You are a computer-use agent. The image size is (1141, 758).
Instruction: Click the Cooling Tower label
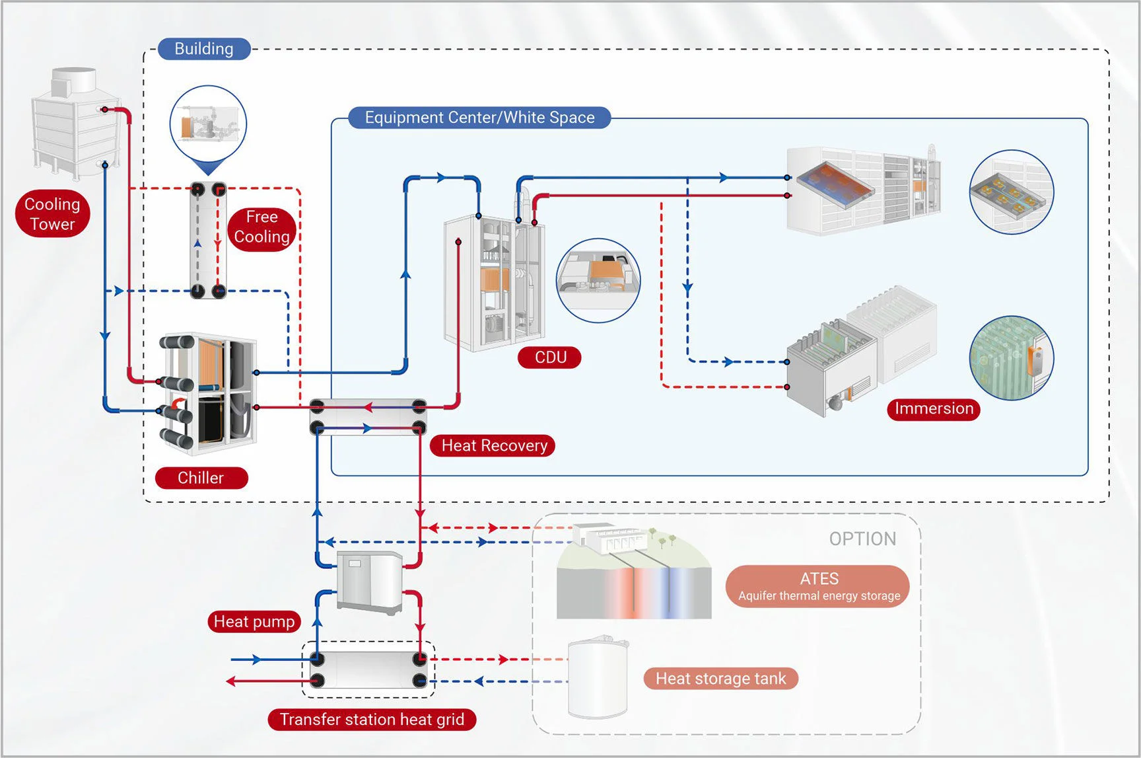(52, 213)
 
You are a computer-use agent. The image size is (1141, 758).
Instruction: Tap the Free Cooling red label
(261, 227)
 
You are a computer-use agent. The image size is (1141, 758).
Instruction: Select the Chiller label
(201, 478)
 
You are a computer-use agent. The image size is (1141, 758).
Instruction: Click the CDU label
(550, 358)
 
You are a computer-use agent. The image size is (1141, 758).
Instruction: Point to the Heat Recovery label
(493, 445)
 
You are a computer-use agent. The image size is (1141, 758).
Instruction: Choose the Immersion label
(933, 408)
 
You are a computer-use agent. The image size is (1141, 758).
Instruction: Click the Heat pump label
(254, 621)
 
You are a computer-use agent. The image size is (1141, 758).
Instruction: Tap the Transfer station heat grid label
(372, 719)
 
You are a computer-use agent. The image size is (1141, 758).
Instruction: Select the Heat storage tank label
(720, 679)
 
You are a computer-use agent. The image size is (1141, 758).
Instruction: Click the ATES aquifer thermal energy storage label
(817, 586)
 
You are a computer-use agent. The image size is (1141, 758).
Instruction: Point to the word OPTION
(862, 539)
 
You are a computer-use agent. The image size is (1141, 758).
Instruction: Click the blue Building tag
(204, 49)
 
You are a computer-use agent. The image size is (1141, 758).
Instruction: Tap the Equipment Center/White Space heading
(479, 118)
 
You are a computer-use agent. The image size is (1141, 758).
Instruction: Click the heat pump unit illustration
(370, 582)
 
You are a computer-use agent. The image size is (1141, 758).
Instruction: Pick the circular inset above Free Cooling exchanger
(208, 124)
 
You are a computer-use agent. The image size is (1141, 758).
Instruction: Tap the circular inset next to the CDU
(598, 280)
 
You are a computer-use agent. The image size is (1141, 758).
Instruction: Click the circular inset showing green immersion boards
(1011, 358)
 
